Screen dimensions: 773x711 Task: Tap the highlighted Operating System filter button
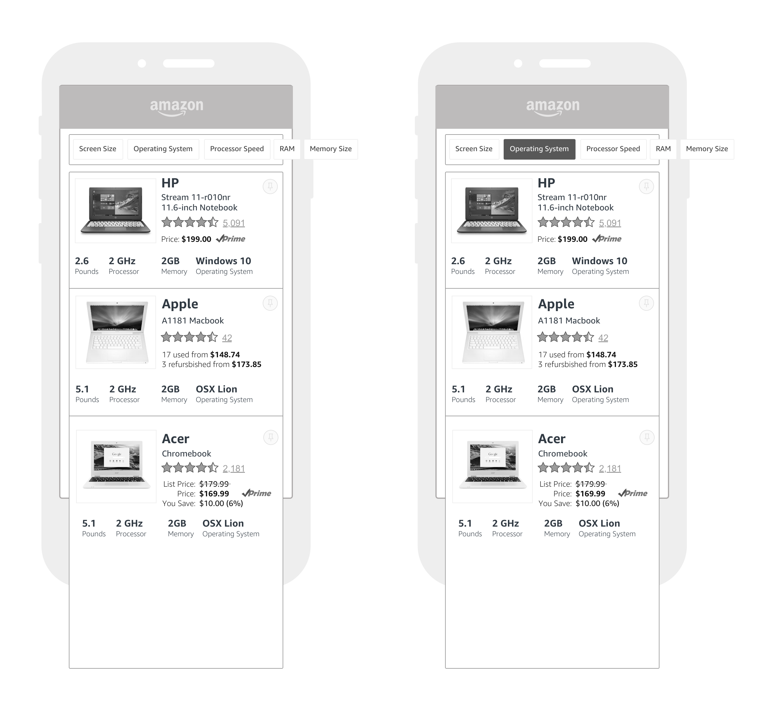point(539,149)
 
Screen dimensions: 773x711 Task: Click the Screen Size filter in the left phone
point(98,149)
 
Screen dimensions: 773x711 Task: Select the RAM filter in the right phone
point(663,149)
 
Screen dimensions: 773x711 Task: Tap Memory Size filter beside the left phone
point(331,149)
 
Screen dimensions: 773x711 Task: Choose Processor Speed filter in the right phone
point(613,149)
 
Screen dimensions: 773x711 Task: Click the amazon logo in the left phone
point(176,107)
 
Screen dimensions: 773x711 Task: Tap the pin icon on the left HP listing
point(270,187)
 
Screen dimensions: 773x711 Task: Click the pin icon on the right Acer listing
point(647,437)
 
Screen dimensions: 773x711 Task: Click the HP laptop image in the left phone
point(115,210)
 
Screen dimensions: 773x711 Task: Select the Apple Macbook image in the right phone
point(492,332)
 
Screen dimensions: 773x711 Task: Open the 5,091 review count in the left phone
point(234,223)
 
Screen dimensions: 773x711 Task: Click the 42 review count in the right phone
point(603,338)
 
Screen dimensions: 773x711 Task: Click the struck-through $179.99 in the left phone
point(214,484)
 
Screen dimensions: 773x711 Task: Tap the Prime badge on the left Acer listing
point(256,493)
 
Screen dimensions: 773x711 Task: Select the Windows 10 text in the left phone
point(223,261)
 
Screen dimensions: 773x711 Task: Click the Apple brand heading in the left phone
point(180,304)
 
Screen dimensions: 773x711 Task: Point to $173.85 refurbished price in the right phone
point(623,364)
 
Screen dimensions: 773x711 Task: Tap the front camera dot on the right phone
point(518,63)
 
